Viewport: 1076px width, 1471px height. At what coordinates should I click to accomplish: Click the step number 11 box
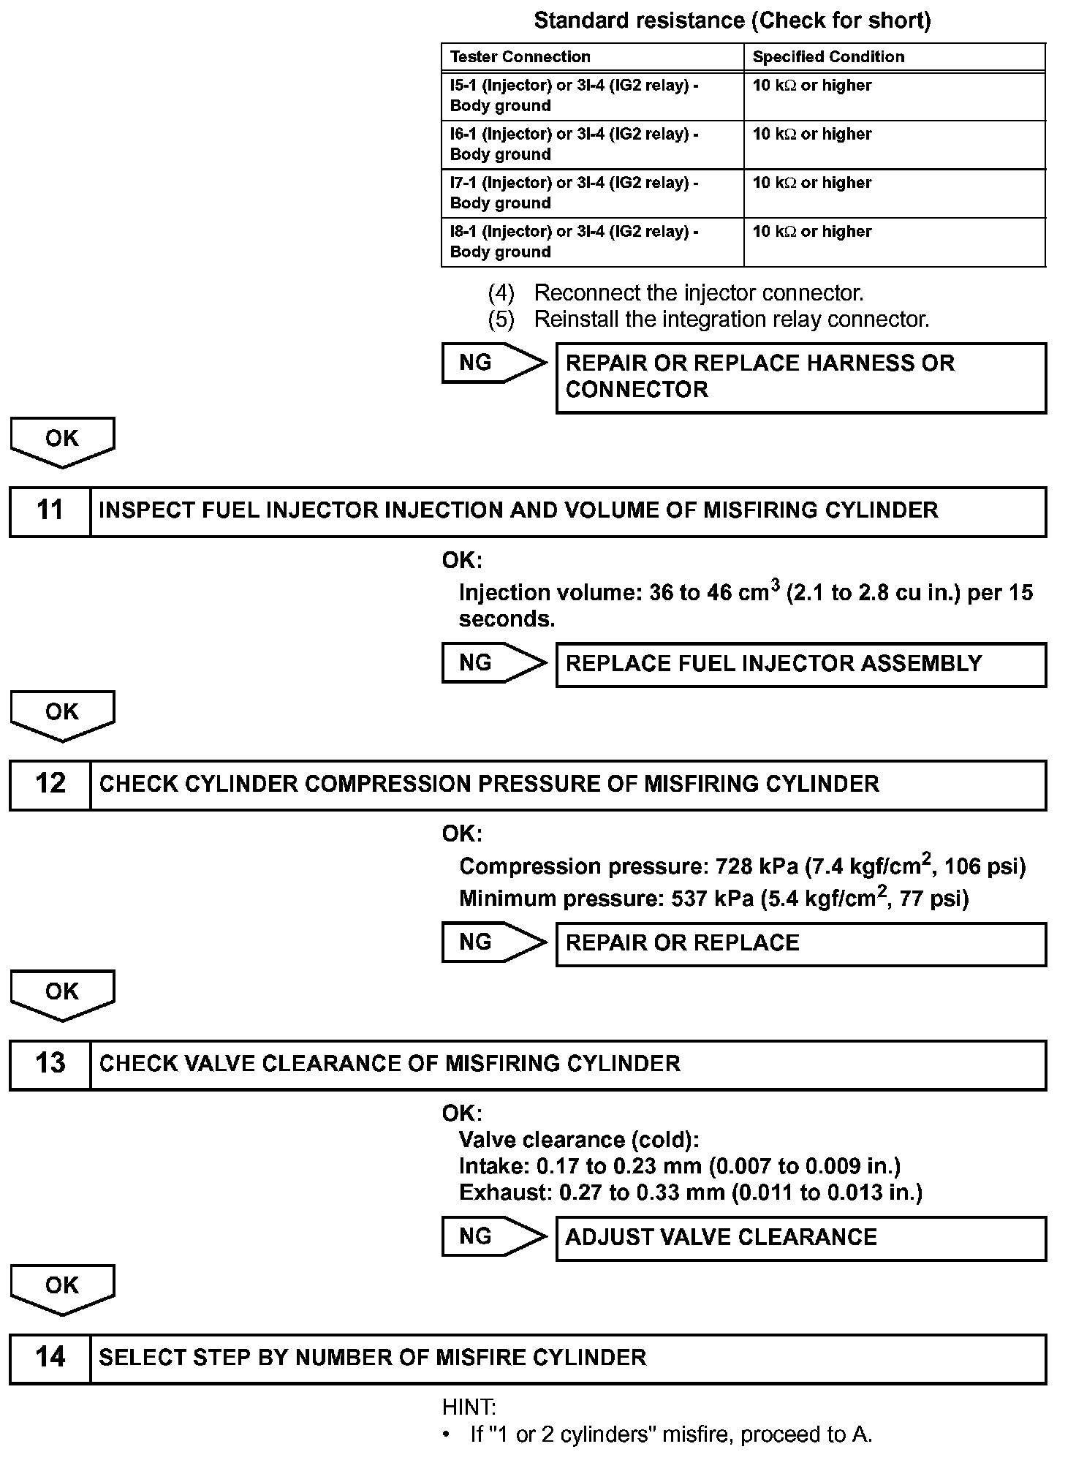pos(50,511)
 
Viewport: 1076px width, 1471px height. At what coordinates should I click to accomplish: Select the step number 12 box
pos(50,784)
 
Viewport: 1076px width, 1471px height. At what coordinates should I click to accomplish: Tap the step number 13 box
pos(50,1064)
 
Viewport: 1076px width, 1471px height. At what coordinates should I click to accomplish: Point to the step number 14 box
pos(50,1358)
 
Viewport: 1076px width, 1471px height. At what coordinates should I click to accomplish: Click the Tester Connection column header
pos(520,57)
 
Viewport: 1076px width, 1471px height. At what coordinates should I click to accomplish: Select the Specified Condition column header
pos(828,57)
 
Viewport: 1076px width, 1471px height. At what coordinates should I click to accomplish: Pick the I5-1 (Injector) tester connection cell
pos(574,95)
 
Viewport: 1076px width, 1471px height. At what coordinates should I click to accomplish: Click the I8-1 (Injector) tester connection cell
pos(574,241)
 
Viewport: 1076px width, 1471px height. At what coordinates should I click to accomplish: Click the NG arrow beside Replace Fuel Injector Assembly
pos(493,663)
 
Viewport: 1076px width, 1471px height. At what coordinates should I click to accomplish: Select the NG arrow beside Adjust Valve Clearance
pos(493,1236)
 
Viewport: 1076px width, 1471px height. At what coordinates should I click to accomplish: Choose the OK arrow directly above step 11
pos(62,440)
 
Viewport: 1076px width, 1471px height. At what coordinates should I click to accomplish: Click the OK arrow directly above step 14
pos(62,1288)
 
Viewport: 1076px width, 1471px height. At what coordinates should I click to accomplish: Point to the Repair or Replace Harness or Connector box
pos(800,377)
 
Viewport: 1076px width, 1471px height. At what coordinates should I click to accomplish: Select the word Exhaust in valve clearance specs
pos(504,1193)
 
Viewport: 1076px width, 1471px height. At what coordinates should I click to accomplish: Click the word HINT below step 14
pos(469,1407)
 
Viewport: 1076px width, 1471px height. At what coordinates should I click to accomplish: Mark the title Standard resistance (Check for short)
pos(732,20)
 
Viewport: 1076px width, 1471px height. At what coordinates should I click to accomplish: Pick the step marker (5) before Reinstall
pos(501,319)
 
